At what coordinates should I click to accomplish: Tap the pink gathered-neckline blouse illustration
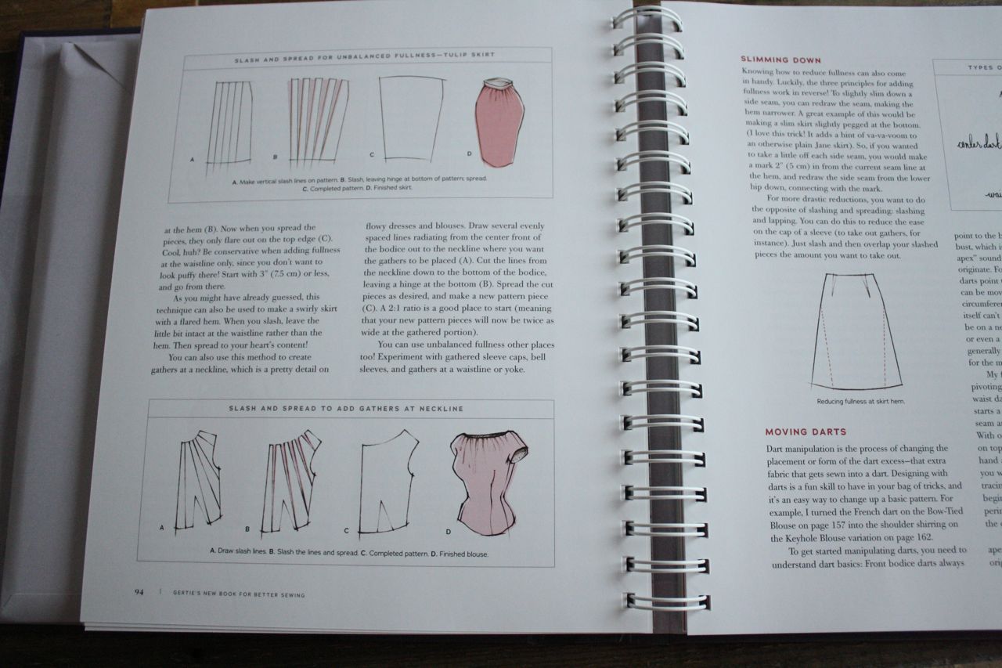[488, 482]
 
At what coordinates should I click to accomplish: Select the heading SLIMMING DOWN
[780, 60]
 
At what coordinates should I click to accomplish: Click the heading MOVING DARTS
[806, 431]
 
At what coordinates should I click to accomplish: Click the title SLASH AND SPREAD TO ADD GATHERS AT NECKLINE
[346, 408]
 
